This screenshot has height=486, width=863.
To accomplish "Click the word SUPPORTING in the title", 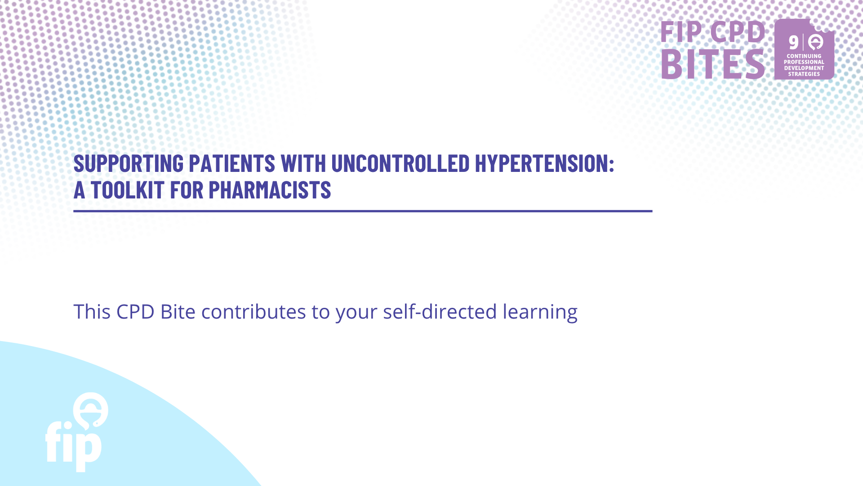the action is pyautogui.click(x=129, y=163).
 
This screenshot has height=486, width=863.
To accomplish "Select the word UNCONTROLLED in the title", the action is pyautogui.click(x=400, y=163).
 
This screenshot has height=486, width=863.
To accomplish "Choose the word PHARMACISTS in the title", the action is pyautogui.click(x=270, y=190).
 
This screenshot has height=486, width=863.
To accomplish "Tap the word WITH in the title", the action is pyautogui.click(x=303, y=163).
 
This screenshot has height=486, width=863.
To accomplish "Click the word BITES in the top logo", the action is pyautogui.click(x=713, y=64).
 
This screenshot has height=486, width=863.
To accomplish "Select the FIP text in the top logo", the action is pyautogui.click(x=681, y=31).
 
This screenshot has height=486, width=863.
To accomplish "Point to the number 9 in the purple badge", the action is pyautogui.click(x=794, y=43).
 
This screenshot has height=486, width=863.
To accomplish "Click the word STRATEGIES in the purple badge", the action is pyautogui.click(x=804, y=74).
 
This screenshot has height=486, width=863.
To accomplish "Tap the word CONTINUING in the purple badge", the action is pyautogui.click(x=804, y=56).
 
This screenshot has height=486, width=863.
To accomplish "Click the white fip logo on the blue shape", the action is pyautogui.click(x=76, y=432).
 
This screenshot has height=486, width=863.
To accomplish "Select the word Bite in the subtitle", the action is pyautogui.click(x=178, y=311).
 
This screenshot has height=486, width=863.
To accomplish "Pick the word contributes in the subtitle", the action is pyautogui.click(x=254, y=311).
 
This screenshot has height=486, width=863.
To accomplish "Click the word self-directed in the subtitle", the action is pyautogui.click(x=440, y=311).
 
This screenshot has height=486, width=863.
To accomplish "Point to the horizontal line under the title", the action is pyautogui.click(x=363, y=211).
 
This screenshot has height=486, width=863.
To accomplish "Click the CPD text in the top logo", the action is pyautogui.click(x=738, y=31).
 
